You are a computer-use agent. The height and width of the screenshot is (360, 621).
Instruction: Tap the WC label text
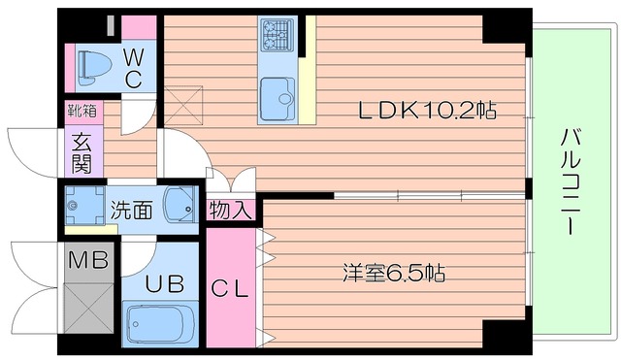134,65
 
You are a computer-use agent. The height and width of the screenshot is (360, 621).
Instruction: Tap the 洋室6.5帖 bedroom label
393,273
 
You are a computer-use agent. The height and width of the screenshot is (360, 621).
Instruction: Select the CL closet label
232,288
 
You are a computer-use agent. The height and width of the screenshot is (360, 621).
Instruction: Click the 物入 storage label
232,208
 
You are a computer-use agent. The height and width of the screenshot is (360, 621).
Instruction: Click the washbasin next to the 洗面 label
180,205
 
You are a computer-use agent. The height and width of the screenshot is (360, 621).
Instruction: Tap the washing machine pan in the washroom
82,205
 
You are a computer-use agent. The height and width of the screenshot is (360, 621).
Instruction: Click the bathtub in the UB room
161,324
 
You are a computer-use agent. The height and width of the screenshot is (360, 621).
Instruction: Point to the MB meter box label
87,260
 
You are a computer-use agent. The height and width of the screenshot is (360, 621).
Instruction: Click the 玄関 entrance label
81,151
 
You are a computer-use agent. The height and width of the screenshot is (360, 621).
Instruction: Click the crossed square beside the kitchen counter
183,103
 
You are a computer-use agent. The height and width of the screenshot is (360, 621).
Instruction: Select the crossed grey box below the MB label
87,312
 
